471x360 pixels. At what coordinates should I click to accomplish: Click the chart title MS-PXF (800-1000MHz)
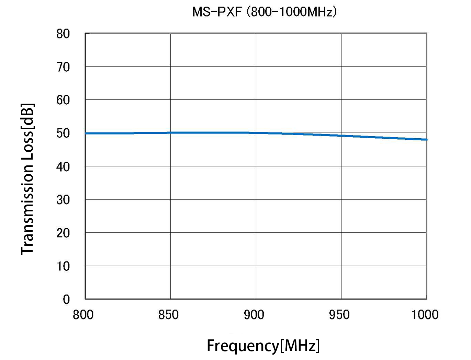pyautogui.click(x=264, y=12)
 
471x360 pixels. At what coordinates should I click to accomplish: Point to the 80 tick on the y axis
pyautogui.click(x=63, y=34)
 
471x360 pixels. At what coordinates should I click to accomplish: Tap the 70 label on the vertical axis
pyautogui.click(x=63, y=67)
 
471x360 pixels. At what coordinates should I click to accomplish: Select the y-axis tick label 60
pyautogui.click(x=63, y=100)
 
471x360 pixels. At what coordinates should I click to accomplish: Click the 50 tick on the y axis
pyautogui.click(x=63, y=133)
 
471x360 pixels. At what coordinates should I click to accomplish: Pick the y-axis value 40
pyautogui.click(x=63, y=167)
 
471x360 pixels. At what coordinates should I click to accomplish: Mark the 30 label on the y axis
pyautogui.click(x=63, y=200)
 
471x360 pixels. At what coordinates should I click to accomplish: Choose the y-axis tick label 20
pyautogui.click(x=63, y=233)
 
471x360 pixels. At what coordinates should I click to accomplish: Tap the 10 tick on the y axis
pyautogui.click(x=63, y=266)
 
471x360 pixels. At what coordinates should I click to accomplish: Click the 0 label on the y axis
pyautogui.click(x=66, y=299)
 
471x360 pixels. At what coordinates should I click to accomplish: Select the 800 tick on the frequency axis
pyautogui.click(x=83, y=315)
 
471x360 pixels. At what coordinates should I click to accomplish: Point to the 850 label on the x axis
pyautogui.click(x=168, y=315)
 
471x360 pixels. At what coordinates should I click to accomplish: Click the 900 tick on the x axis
pyautogui.click(x=254, y=315)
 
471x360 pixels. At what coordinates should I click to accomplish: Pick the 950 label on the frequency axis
pyautogui.click(x=339, y=315)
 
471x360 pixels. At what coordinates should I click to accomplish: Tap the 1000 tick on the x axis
pyautogui.click(x=425, y=315)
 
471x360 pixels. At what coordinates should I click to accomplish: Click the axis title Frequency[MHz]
pyautogui.click(x=263, y=346)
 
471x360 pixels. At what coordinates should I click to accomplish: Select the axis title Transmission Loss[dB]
pyautogui.click(x=27, y=179)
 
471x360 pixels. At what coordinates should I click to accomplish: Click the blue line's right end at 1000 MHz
pyautogui.click(x=426, y=140)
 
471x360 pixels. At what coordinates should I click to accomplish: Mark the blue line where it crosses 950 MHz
pyautogui.click(x=341, y=136)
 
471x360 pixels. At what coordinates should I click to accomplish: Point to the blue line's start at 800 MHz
pyautogui.click(x=86, y=133)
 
